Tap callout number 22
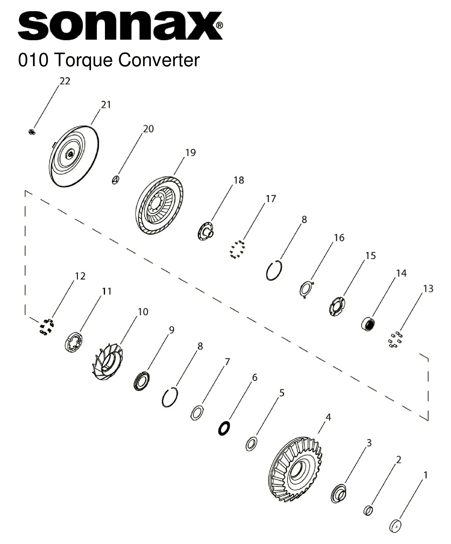pos(65,81)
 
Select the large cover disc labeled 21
pos(74,157)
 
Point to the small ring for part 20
pos(116,180)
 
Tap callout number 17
pos(270,199)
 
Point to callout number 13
pos(428,288)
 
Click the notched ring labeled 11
pos(73,341)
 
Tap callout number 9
pos(172,330)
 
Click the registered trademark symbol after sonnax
pos(220,26)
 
